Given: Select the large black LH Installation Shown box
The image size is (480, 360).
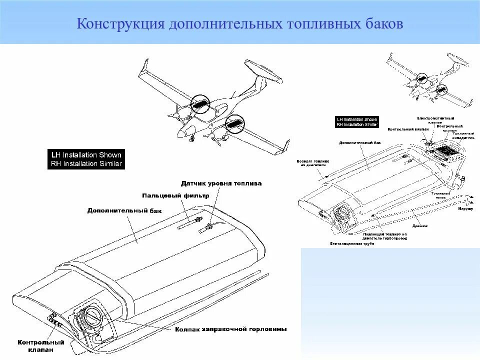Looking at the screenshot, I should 86,159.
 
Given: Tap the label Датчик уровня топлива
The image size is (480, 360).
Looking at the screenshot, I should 221,183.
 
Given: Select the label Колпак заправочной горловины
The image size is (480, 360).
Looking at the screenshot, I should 231,329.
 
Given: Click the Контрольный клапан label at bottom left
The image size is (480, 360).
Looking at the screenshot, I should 41,346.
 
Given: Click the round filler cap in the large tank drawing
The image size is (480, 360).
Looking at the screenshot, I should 92,316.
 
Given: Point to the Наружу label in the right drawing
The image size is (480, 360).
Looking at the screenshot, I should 465,207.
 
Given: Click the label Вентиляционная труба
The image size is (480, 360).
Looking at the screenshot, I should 352,243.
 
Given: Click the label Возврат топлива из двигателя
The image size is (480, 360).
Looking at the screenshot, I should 313,163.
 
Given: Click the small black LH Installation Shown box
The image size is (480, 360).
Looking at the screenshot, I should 357,122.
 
